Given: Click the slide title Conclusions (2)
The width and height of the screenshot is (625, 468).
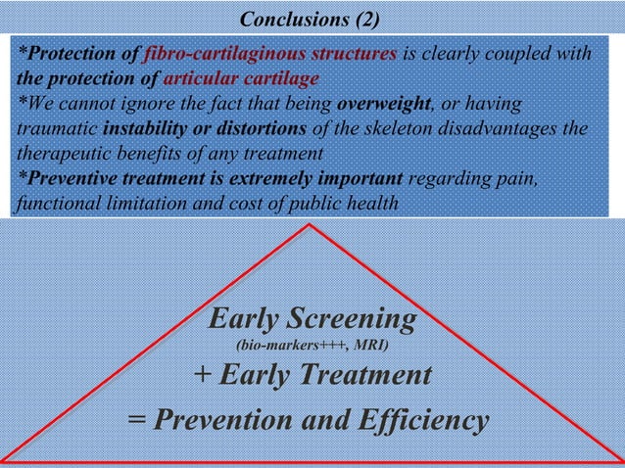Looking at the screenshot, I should [x=312, y=20].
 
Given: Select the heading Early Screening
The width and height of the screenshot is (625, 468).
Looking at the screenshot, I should [x=312, y=320].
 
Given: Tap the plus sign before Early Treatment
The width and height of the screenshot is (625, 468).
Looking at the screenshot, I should [x=203, y=375].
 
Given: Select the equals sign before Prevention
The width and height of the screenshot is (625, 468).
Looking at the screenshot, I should [x=136, y=421].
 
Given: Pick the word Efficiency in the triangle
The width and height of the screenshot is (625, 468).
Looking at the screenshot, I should [x=428, y=421].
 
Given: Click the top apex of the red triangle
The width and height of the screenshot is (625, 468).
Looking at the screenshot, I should [x=310, y=225].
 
